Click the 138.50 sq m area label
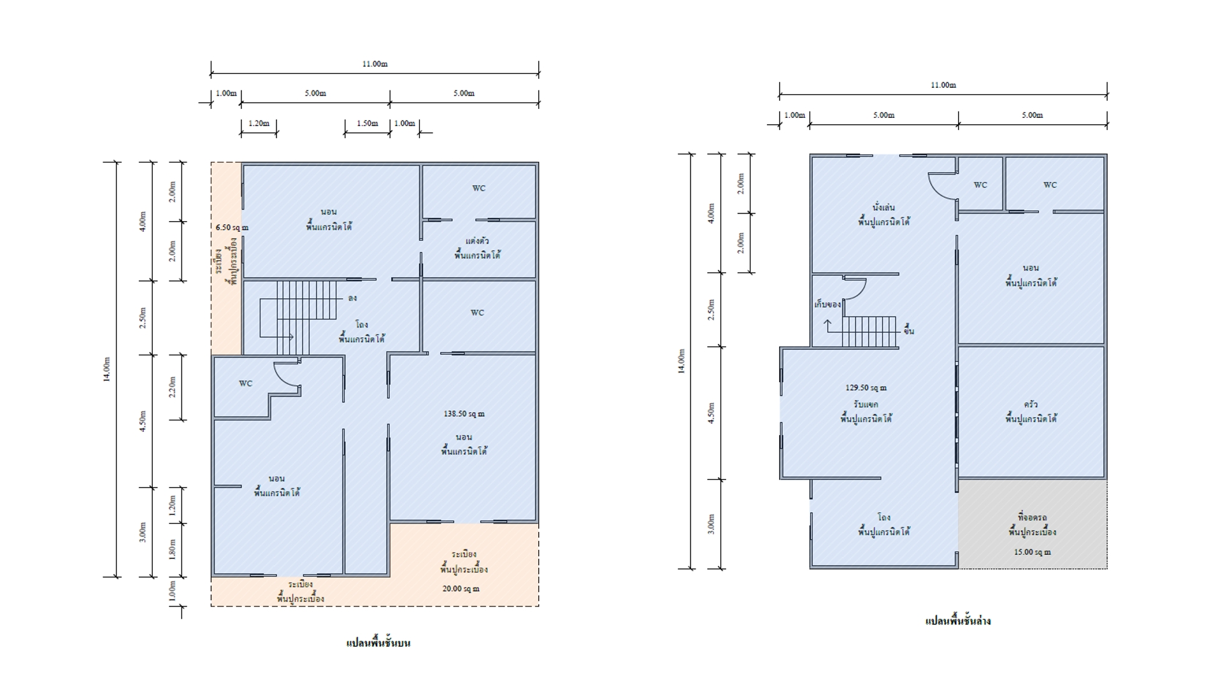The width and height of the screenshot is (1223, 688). (464, 414)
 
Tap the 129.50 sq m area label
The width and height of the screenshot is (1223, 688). (866, 388)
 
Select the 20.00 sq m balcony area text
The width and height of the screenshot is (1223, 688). (461, 589)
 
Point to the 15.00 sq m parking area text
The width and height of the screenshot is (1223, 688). (1033, 552)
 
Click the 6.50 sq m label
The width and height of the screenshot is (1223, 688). (232, 227)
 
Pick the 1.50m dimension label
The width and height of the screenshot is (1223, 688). (367, 124)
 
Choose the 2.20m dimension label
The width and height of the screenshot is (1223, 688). (172, 387)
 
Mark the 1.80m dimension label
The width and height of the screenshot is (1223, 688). (172, 550)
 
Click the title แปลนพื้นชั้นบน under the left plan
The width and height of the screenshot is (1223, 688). (378, 643)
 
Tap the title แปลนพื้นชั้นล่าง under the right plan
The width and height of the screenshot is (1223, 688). (958, 621)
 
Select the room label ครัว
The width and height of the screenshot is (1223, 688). (1031, 405)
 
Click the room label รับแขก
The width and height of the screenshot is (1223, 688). (866, 405)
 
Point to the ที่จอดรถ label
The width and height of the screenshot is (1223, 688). (1033, 517)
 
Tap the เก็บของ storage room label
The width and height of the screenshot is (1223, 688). (827, 305)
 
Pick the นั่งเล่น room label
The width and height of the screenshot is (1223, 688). (883, 208)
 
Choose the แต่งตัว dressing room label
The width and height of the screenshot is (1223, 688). (477, 241)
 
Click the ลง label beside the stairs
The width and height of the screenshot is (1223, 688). (352, 298)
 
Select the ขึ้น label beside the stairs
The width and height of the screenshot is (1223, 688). (908, 331)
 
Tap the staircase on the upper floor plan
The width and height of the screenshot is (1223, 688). (299, 317)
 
